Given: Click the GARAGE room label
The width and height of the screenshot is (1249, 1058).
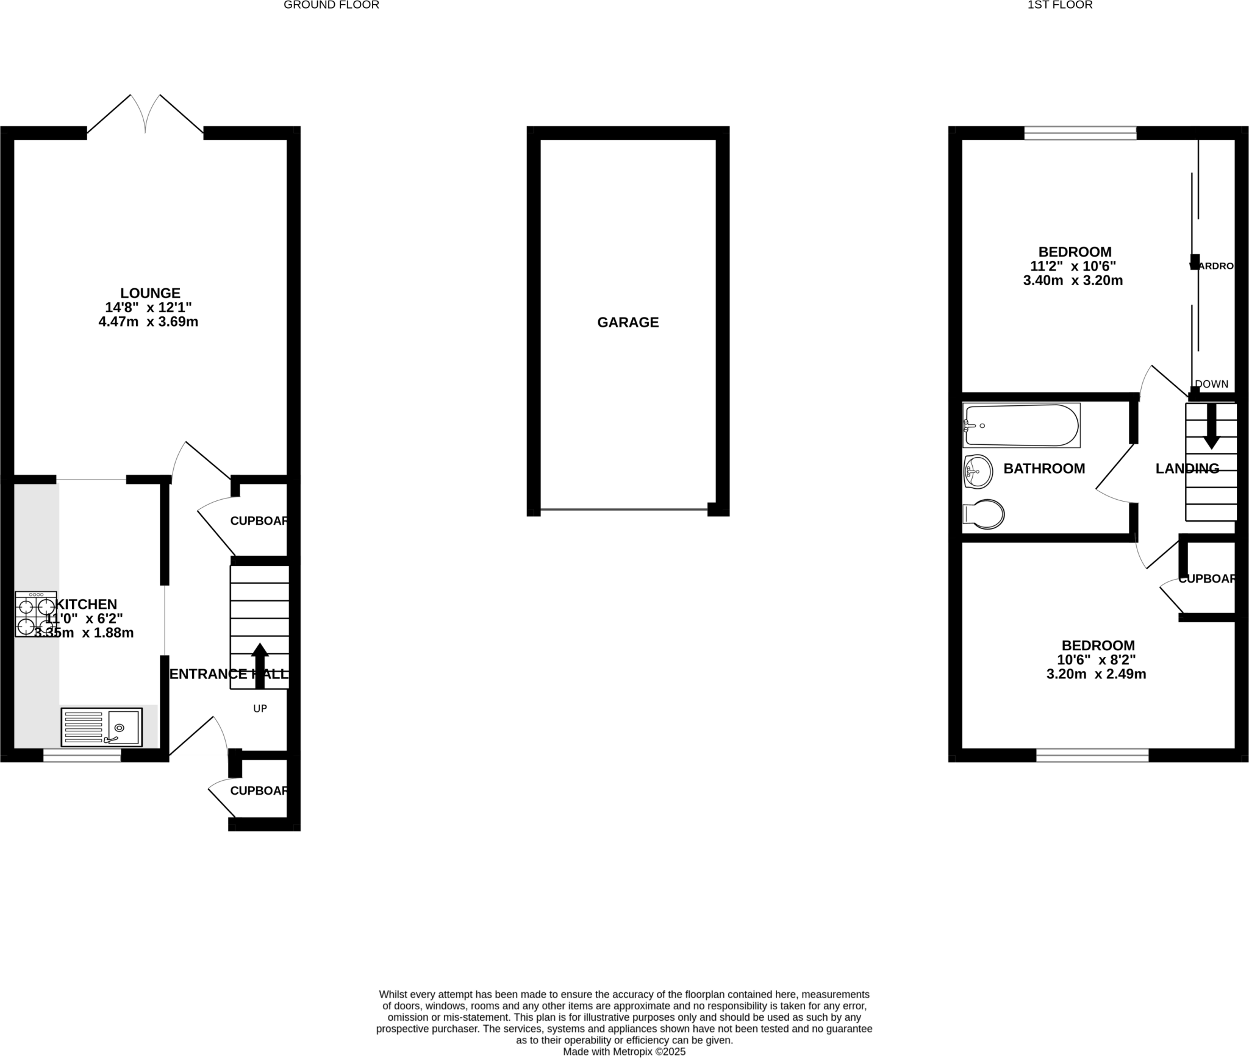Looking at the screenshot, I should pos(628,322).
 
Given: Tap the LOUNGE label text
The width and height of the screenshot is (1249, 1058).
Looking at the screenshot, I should pos(150,293).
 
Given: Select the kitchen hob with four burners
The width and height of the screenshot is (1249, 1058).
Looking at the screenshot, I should pos(36,614).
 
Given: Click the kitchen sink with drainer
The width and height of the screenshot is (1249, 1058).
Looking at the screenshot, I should pos(101,727).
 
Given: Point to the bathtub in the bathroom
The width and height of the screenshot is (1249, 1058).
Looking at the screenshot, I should pos(1021,425).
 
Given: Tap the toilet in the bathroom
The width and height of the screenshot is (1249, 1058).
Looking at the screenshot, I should pos(984,514).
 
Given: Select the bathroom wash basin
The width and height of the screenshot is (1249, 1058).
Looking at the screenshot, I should pos(978,472).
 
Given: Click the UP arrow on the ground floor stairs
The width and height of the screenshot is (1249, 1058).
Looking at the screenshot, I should pos(260,665).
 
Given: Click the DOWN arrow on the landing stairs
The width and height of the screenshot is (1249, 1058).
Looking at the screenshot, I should pos(1211,426).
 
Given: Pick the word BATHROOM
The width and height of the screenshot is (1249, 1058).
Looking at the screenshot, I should pos(1044,469).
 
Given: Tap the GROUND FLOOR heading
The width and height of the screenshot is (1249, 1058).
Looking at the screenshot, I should pos(331,5).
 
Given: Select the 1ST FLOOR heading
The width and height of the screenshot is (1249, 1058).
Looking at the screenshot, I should pos(1060,5).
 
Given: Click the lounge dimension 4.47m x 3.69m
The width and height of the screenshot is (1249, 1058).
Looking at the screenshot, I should pos(148,322).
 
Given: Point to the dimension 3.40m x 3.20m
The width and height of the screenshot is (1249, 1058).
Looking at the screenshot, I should pos(1073,280).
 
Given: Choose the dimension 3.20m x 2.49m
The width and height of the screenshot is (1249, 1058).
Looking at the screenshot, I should pos(1096,674).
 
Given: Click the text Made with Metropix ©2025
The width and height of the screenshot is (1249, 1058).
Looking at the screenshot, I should pos(624,1051).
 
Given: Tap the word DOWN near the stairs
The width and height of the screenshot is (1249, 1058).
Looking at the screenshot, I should pos(1211,384).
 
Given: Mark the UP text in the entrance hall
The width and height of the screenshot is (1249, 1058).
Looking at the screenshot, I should pos(260,708).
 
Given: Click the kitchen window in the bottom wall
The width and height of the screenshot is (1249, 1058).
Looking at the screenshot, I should pos(82,756).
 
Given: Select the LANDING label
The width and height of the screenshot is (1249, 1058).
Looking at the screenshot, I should pos(1187,469).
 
